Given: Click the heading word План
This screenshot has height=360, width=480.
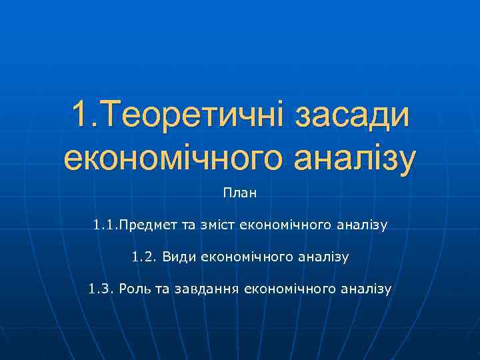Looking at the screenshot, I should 240,194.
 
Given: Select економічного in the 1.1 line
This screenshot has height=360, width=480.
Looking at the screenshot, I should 291,225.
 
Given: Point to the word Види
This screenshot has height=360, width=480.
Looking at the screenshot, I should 175,257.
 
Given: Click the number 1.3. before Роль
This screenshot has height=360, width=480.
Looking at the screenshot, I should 101,289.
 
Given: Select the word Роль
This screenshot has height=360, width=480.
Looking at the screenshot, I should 133,289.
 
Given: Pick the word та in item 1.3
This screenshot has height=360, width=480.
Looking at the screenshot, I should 161,289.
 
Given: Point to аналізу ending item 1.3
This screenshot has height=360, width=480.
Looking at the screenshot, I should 367,289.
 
